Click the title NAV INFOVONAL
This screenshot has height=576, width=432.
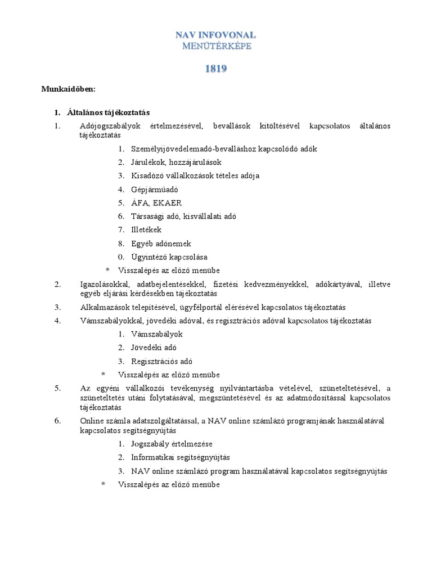pyautogui.click(x=216, y=35)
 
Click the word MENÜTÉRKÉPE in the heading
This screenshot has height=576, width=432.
pyautogui.click(x=216, y=46)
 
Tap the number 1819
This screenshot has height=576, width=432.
pyautogui.click(x=215, y=69)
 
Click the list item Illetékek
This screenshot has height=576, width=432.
pyautogui.click(x=146, y=230)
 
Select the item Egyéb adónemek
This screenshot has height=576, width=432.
pyautogui.click(x=161, y=244)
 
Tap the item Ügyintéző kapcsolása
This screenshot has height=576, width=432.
pyautogui.click(x=166, y=257)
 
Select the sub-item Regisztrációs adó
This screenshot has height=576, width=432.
pyautogui.click(x=162, y=361)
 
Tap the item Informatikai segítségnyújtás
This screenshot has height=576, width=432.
pyautogui.click(x=181, y=457)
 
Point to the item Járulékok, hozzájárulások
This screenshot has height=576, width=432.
pyautogui.click(x=176, y=163)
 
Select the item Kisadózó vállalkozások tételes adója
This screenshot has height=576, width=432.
pyautogui.click(x=195, y=176)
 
